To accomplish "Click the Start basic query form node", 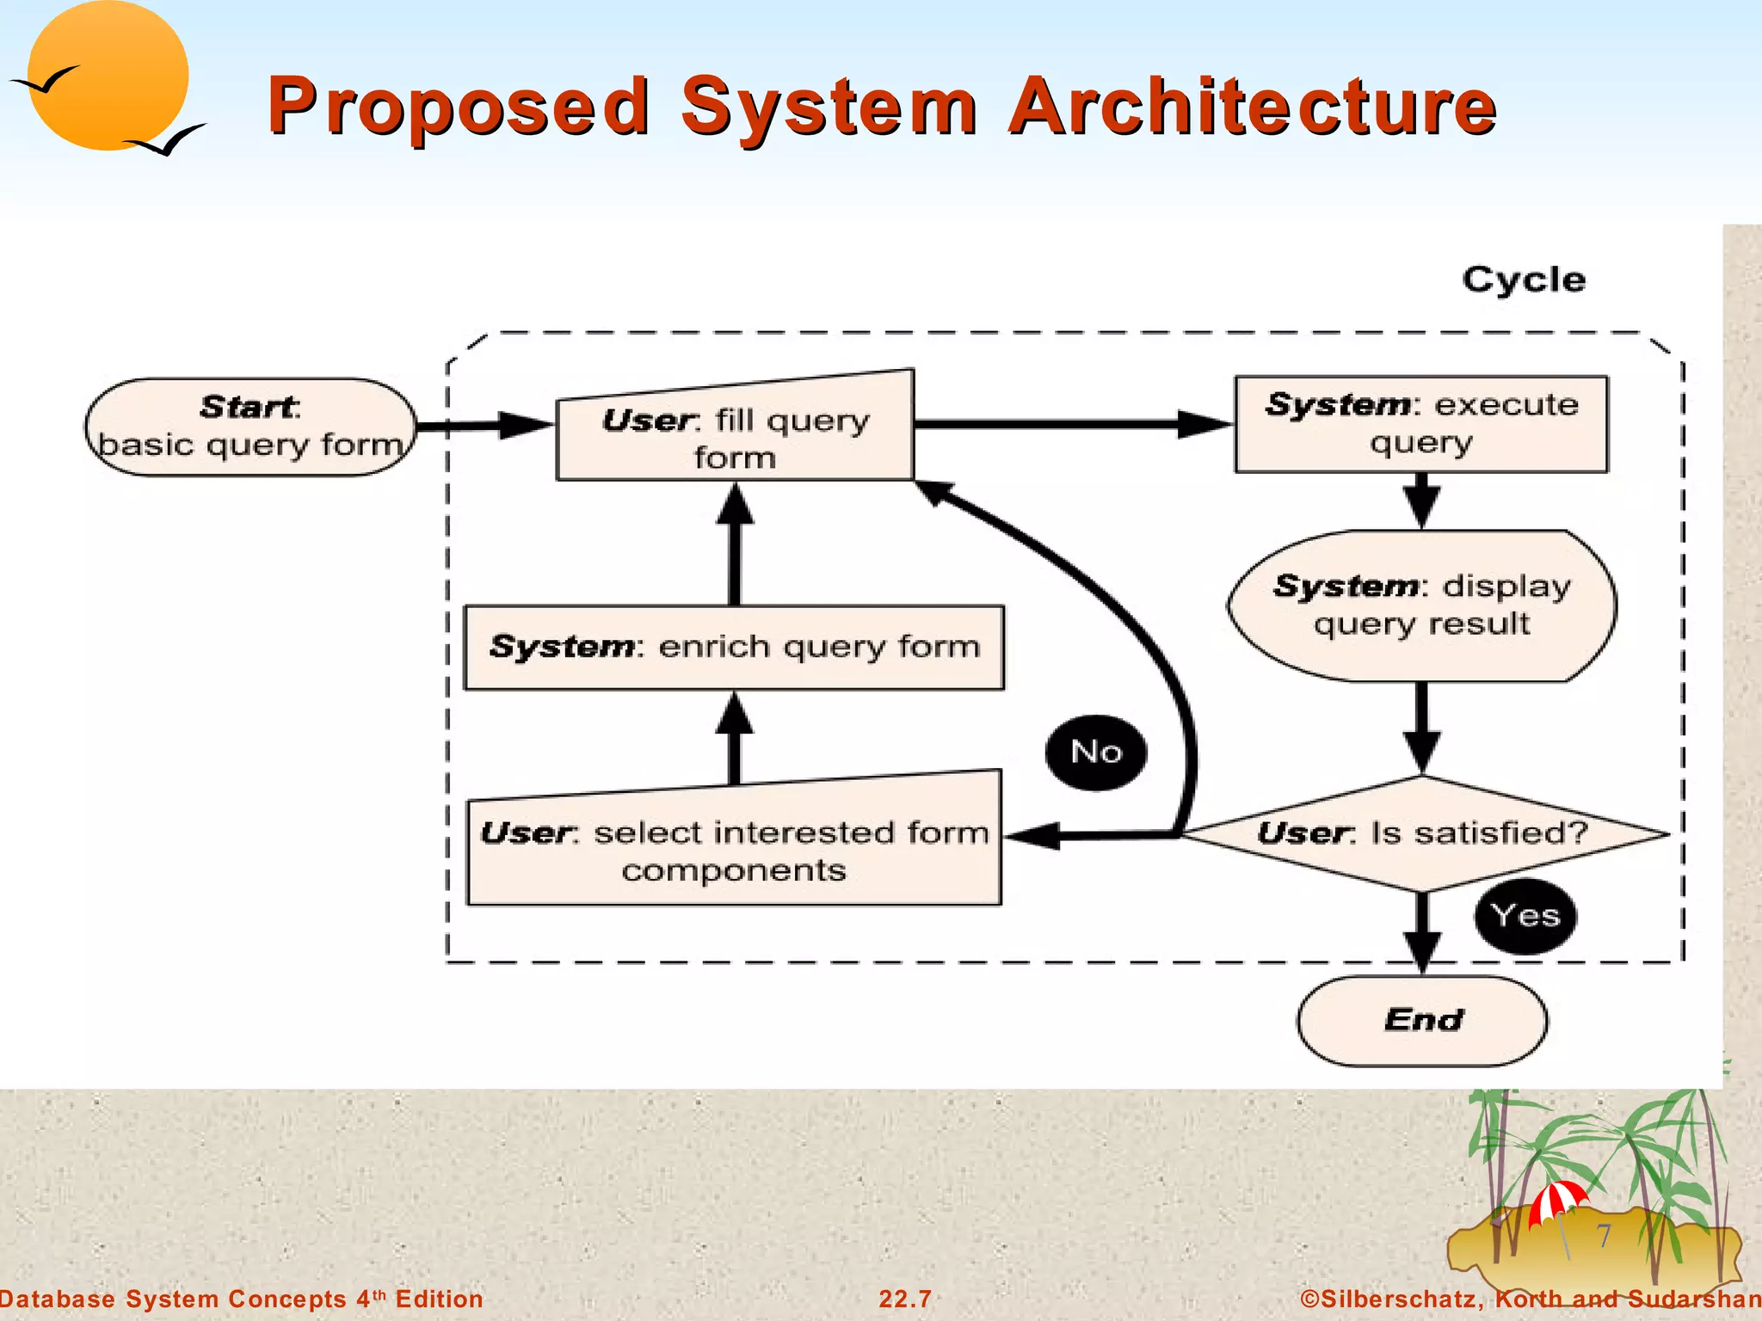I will (x=250, y=427).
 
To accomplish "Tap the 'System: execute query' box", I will (x=1421, y=424).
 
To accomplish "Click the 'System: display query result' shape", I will (x=1421, y=605).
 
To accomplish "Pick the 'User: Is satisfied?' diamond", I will (x=1423, y=833).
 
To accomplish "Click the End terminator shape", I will (x=1422, y=1020).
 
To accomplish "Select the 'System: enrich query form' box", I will (x=734, y=647).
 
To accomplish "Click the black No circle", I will (x=1096, y=753).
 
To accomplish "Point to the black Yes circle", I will (x=1525, y=916).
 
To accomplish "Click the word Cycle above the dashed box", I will (x=1524, y=280).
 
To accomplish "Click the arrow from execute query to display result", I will (x=1422, y=501).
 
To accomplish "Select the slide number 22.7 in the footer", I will (x=905, y=1299).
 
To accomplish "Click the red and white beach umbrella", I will (x=1557, y=1201).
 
